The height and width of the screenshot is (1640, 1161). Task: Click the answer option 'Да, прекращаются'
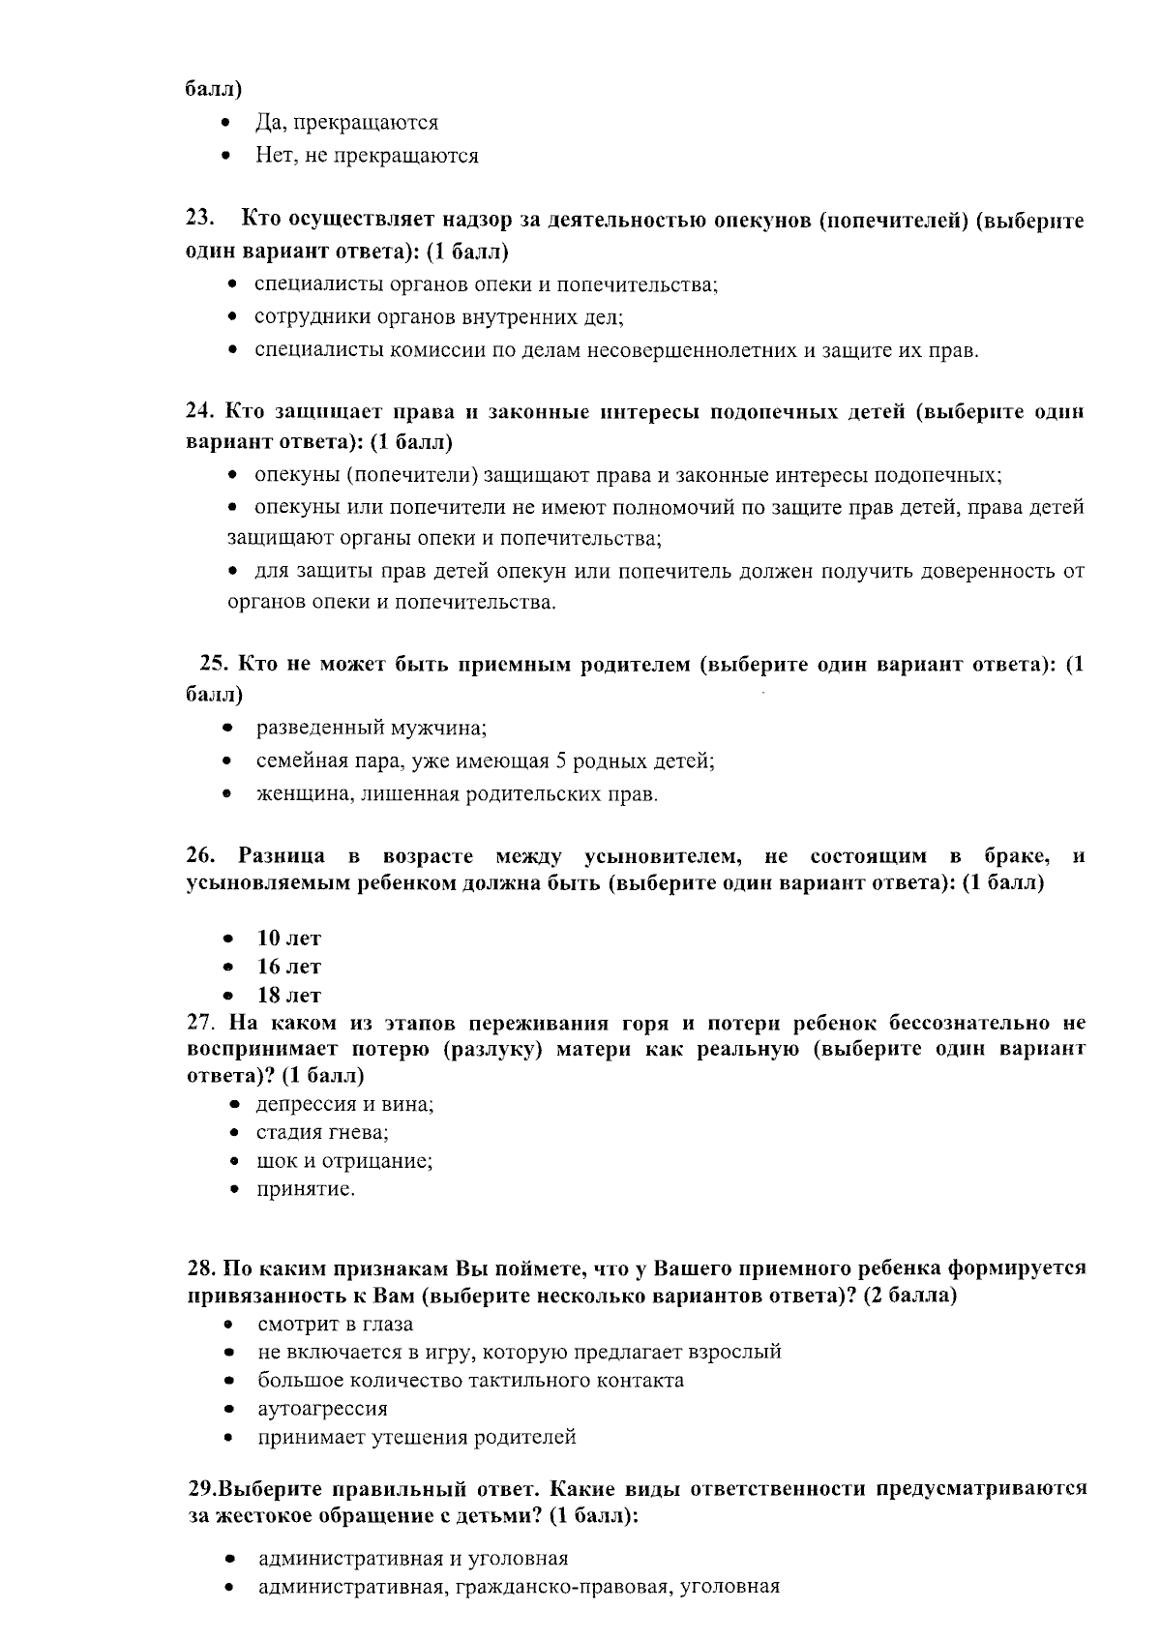click(346, 123)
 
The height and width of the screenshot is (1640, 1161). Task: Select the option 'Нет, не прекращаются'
click(367, 156)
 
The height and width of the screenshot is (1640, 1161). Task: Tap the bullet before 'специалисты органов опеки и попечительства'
click(232, 284)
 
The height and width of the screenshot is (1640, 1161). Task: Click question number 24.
click(200, 411)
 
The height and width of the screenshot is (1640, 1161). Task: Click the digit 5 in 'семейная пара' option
click(560, 761)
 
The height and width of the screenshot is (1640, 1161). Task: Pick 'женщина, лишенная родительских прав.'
click(457, 795)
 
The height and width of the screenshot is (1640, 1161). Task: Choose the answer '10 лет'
click(288, 939)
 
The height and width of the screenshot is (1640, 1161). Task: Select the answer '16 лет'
click(288, 967)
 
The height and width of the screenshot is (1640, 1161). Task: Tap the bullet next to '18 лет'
click(228, 996)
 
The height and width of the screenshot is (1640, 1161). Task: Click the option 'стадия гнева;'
click(321, 1132)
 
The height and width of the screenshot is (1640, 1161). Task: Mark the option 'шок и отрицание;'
click(343, 1161)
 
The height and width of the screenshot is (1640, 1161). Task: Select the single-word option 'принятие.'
click(306, 1189)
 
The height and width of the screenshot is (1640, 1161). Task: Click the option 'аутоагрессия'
click(322, 1409)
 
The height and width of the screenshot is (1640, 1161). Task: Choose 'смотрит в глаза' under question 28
click(335, 1324)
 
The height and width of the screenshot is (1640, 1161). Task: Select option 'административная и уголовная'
click(413, 1559)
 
